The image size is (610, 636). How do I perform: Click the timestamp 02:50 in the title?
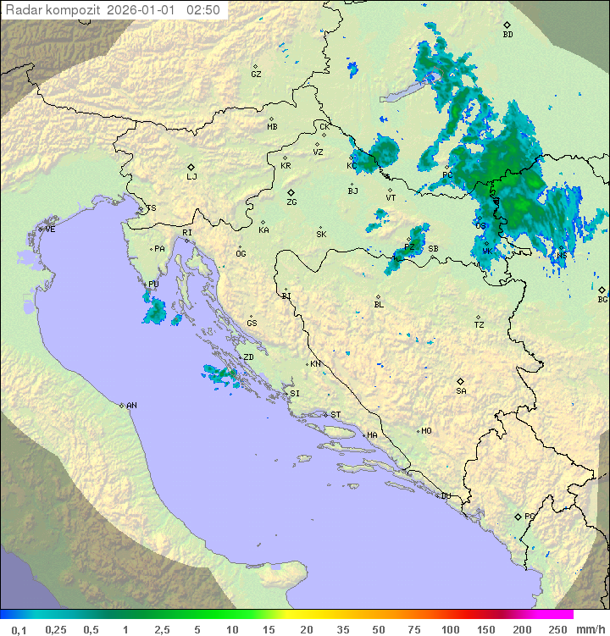[x=203, y=10]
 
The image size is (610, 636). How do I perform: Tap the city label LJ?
[x=191, y=177]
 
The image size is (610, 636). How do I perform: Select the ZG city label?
[x=291, y=202]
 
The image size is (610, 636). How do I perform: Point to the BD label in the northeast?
[x=507, y=35]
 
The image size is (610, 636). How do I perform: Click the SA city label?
[x=461, y=391]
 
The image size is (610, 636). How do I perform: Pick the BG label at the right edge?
[x=602, y=299]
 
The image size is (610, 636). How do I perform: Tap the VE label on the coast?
[x=50, y=230]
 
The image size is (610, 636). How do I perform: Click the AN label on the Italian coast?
[x=131, y=406]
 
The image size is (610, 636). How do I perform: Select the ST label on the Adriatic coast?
[x=335, y=415]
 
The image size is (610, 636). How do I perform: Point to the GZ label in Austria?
[x=256, y=75]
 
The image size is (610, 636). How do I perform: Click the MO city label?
[x=426, y=431]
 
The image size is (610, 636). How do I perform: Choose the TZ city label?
[x=480, y=325]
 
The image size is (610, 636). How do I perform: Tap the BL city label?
[x=379, y=305]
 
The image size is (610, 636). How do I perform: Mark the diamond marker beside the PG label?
[x=518, y=517]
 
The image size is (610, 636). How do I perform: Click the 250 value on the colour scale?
[x=557, y=629]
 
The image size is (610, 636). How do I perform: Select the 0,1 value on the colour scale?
[x=19, y=629]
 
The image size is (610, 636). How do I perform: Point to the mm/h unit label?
[x=590, y=629]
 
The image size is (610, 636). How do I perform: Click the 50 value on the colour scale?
[x=377, y=629]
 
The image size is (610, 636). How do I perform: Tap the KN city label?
[x=315, y=364]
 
